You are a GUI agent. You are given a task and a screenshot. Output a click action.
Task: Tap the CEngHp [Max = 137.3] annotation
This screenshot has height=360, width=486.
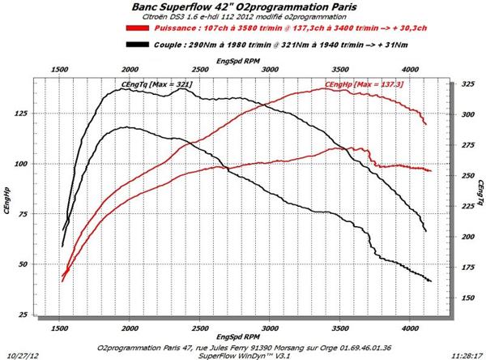[364, 84]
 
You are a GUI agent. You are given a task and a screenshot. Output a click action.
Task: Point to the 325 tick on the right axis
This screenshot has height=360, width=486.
[469, 84]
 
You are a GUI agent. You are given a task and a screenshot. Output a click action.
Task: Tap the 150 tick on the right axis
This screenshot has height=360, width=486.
[469, 298]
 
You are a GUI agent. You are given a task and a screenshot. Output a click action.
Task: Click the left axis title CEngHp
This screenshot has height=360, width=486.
[8, 200]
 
